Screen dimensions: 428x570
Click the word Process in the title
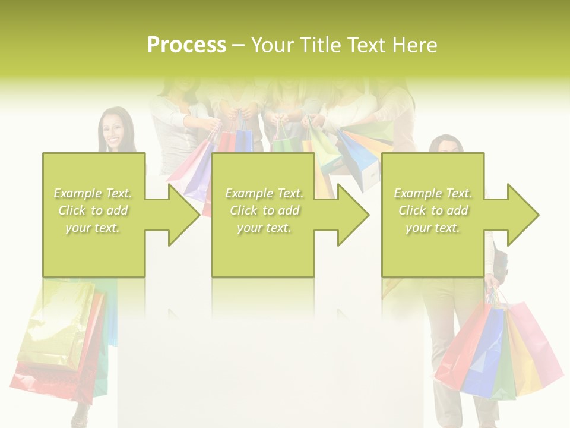[186, 45]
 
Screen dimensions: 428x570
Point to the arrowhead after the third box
[522, 215]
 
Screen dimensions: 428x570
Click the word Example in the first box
[77, 193]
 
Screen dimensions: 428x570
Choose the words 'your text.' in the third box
[432, 228]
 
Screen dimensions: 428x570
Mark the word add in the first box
[118, 210]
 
